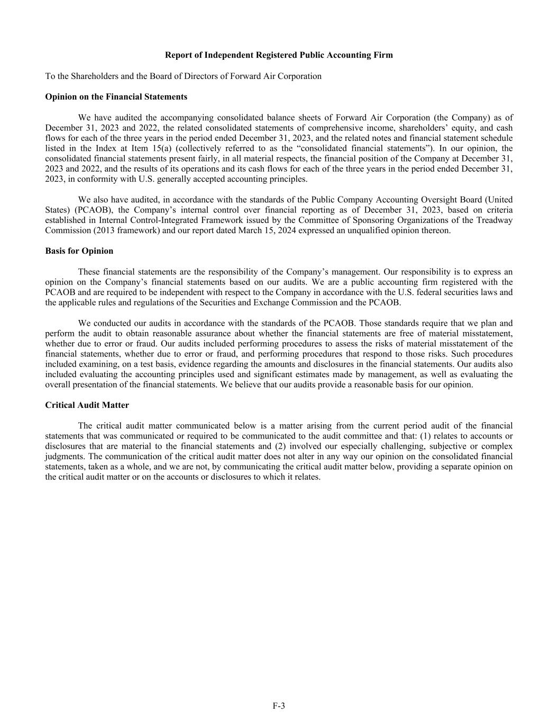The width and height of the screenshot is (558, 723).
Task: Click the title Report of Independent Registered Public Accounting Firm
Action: pos(279,55)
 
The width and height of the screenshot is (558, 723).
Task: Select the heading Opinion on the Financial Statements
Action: pos(116,97)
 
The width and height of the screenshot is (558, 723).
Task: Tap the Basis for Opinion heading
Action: pos(79,251)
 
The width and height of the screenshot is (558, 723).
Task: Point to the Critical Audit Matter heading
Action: pos(87,405)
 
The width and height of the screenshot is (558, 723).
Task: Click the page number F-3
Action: pos(279,706)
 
